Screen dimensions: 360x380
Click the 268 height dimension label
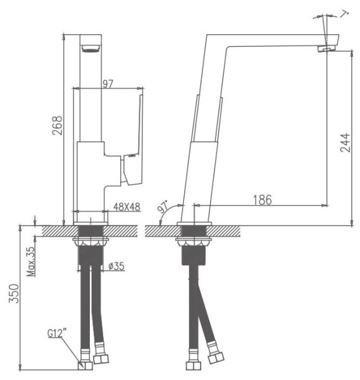pos(58,125)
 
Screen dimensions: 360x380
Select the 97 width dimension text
pos(108,84)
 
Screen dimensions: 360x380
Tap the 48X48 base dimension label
pos(127,207)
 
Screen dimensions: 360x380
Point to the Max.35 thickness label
pos(31,262)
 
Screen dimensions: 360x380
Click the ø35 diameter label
pos(116,266)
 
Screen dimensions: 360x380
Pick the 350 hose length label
pos(14,293)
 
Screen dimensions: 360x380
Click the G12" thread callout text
pos(57,333)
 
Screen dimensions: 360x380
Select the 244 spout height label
pos(345,142)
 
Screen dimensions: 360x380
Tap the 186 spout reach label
pos(263,200)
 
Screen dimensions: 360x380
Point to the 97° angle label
pos(163,206)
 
